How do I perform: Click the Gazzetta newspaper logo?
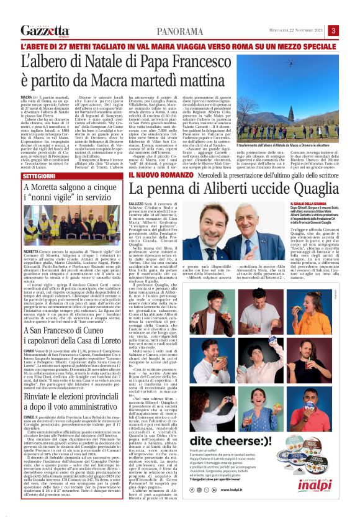[44, 30]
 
